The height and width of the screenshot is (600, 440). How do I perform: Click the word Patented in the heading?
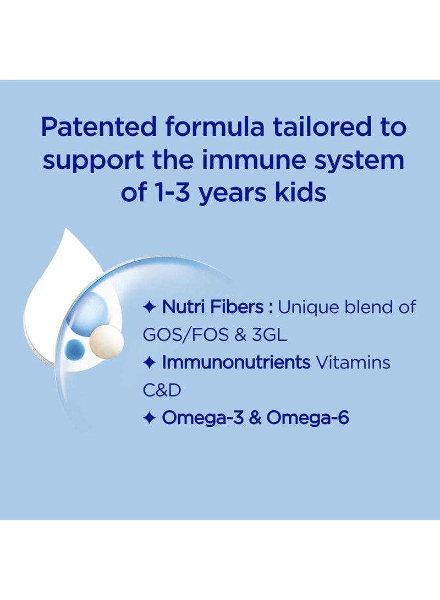point(96,128)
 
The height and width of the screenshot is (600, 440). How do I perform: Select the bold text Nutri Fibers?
point(212,307)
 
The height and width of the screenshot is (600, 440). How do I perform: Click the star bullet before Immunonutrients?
point(149,363)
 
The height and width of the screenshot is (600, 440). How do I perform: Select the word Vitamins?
point(358,362)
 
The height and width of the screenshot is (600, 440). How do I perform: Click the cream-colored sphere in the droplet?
point(106,340)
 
